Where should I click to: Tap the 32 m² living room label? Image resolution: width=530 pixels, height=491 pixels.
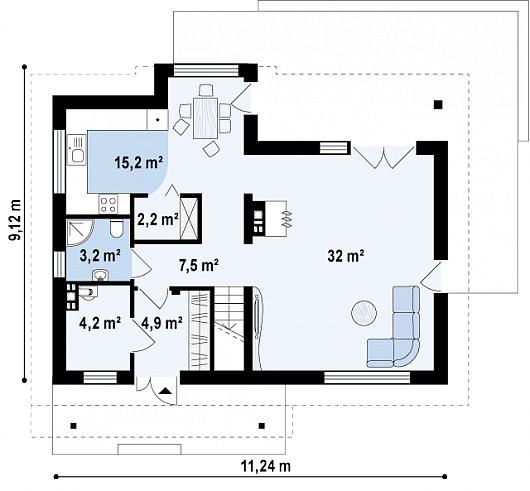click(x=346, y=256)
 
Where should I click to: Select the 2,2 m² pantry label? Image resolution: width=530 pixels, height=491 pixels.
click(x=158, y=220)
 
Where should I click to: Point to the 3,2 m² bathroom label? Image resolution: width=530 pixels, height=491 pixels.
click(x=100, y=256)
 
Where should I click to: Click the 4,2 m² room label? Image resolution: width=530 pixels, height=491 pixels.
click(x=100, y=323)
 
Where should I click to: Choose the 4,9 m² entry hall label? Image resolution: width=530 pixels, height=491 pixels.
click(x=162, y=323)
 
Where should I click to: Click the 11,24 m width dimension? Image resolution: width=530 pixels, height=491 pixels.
click(x=266, y=466)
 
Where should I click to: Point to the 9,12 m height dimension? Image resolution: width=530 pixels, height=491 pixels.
click(x=15, y=220)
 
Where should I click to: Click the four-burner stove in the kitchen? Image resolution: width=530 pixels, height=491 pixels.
click(x=109, y=205)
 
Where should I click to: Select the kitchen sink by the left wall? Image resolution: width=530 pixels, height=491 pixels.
click(x=77, y=150)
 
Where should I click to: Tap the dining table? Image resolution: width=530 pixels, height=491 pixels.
click(x=206, y=118)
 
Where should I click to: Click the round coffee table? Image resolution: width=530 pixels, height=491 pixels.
click(x=364, y=313)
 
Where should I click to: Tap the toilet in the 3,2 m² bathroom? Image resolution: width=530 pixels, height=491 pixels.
click(x=117, y=228)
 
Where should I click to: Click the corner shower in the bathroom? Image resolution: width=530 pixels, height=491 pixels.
click(x=80, y=233)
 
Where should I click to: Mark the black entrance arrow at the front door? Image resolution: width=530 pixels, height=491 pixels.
click(x=165, y=391)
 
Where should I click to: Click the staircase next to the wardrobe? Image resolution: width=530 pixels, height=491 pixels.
click(x=230, y=328)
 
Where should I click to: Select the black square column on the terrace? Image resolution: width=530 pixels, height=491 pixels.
click(x=438, y=105)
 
